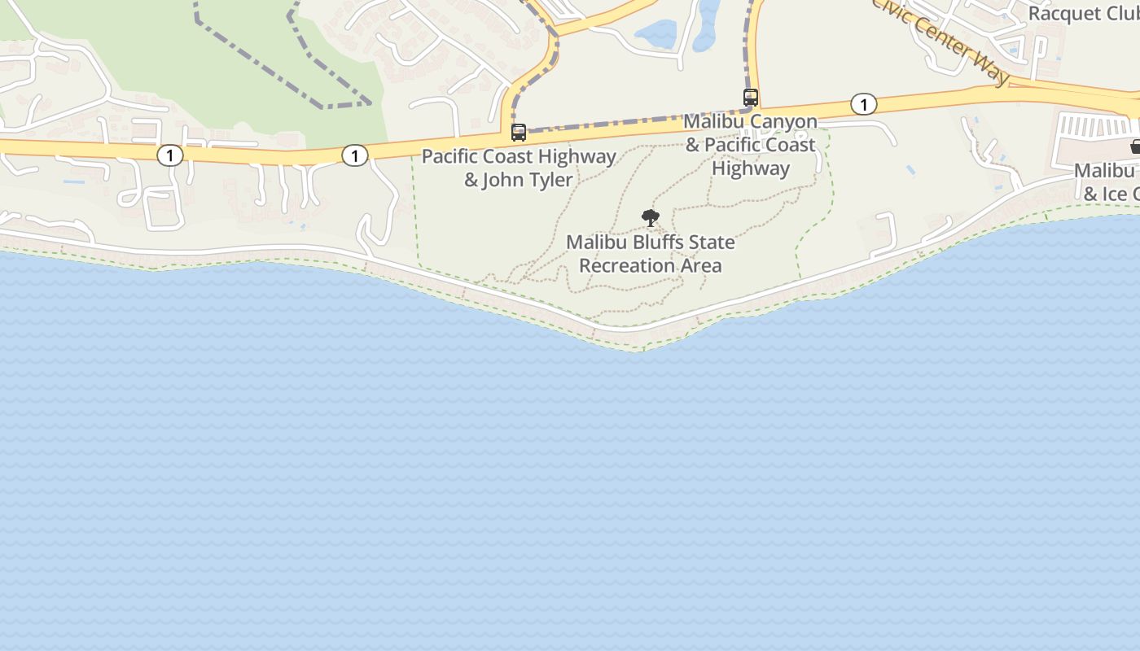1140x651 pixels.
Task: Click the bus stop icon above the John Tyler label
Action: [519, 132]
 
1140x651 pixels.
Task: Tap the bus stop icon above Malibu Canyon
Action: [751, 98]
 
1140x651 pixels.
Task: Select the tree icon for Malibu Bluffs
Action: [650, 217]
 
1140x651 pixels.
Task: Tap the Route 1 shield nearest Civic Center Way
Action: [863, 104]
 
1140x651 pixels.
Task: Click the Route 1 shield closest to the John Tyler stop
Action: [354, 155]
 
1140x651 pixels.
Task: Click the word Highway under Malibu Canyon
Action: [750, 168]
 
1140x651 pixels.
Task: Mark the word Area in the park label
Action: [701, 265]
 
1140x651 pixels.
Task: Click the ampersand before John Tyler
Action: [471, 180]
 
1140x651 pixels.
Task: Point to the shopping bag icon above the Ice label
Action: [1135, 146]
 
